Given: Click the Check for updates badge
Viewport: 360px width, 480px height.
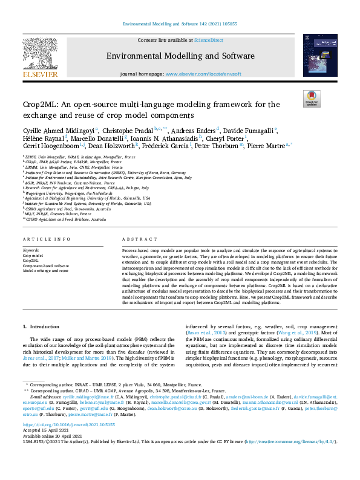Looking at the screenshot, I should click(x=311, y=99).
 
